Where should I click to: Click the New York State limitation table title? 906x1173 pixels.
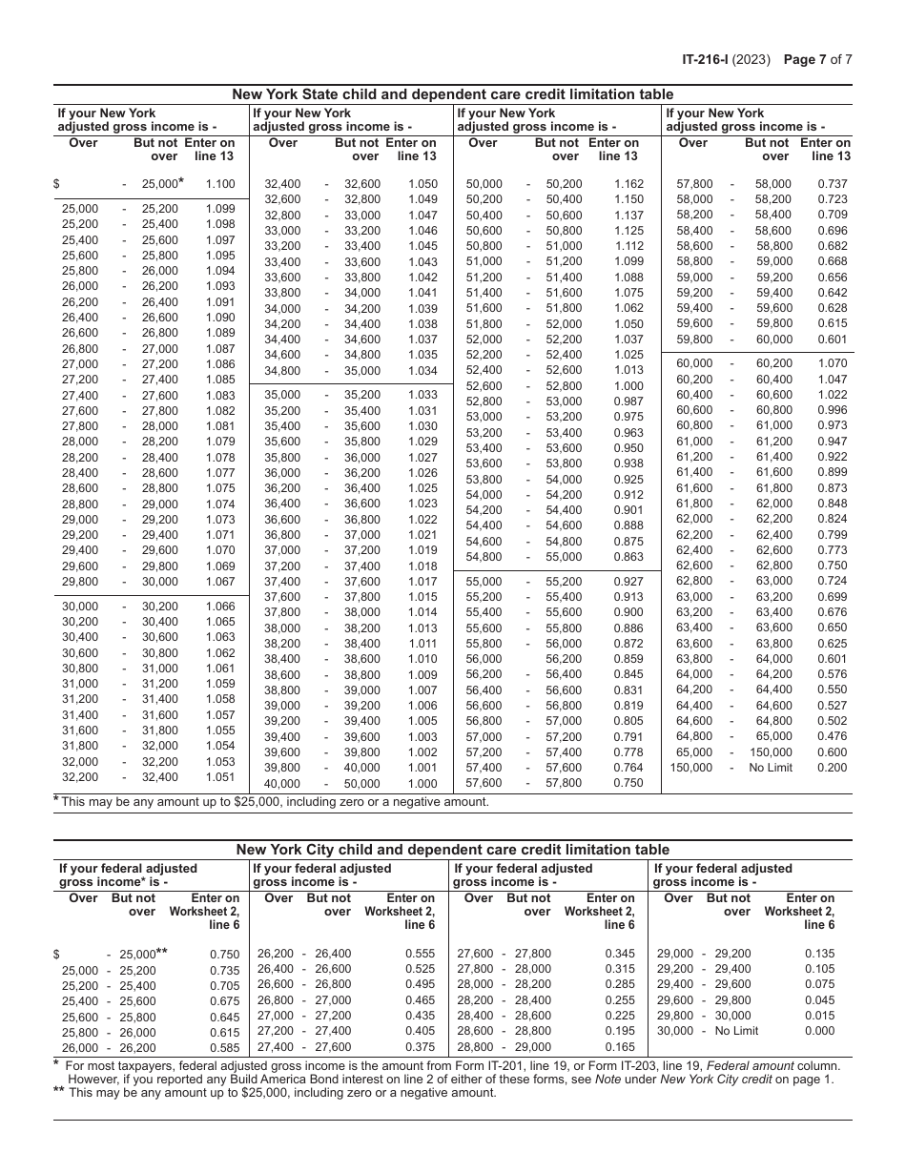pyautogui.click(x=453, y=94)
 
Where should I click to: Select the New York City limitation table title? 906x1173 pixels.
pyautogui.click(x=453, y=850)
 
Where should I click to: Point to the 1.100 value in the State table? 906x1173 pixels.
pyautogui.click(x=219, y=184)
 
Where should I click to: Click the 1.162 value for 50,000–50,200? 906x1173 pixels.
pyautogui.click(x=628, y=184)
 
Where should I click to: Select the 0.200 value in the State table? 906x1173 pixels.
pyautogui.click(x=832, y=768)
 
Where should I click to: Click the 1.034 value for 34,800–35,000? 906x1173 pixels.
pyautogui.click(x=422, y=371)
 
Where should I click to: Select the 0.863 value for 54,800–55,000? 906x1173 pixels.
pyautogui.click(x=628, y=557)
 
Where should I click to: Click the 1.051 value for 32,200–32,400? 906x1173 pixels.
pyautogui.click(x=219, y=777)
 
